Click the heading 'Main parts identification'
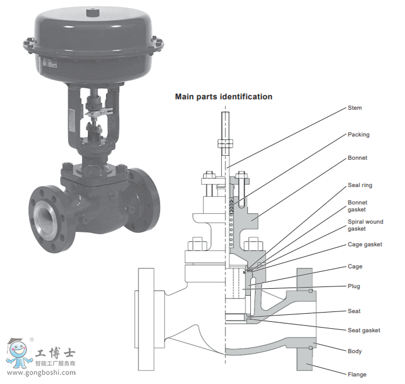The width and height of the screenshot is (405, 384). coord(223,96)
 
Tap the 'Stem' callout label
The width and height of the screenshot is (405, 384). coord(354,107)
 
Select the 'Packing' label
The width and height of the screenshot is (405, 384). coord(358,134)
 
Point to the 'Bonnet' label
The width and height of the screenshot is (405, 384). coord(357,157)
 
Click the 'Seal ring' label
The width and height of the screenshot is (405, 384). coord(360,185)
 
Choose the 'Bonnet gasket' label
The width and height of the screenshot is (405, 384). coord(357,206)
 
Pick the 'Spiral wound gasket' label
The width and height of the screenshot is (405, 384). coord(365,225)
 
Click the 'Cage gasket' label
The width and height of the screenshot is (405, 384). coord(365,245)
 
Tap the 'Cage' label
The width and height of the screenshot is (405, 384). coord(354,267)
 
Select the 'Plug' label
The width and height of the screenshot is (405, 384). coord(354,286)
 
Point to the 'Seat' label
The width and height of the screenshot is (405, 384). coord(354,311)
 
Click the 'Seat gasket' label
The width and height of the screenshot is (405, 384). coord(364,330)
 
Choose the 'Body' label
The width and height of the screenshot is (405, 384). coord(354,351)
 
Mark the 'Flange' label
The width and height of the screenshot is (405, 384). coord(357,374)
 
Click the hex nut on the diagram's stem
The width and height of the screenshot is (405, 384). coord(225,142)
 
